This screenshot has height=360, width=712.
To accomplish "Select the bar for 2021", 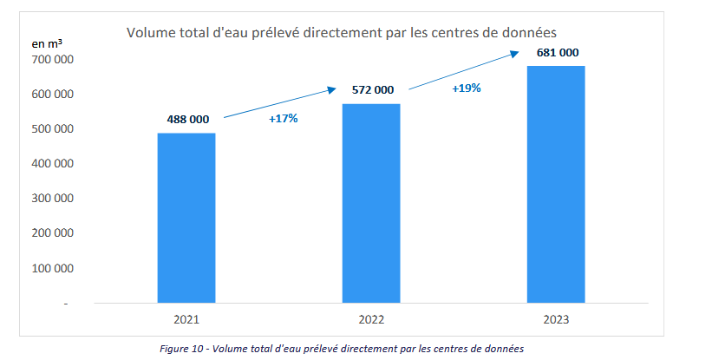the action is (x=186, y=218).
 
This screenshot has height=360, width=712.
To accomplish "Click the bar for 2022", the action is (x=371, y=203).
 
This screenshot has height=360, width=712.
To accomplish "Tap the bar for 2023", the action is (x=556, y=184).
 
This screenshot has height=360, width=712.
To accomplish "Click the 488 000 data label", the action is (x=188, y=120).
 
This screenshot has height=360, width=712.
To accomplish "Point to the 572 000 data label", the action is (x=373, y=90).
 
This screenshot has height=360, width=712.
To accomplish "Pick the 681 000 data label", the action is (x=558, y=53).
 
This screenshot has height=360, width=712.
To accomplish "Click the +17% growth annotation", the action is (x=284, y=119).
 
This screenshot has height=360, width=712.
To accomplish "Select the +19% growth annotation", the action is (x=467, y=88).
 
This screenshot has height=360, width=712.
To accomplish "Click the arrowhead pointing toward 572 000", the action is (x=332, y=89).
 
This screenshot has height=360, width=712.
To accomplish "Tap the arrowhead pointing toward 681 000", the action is (x=515, y=54).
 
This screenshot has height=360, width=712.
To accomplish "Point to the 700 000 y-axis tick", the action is (x=53, y=60).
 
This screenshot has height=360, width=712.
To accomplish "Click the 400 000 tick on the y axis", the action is (x=53, y=163).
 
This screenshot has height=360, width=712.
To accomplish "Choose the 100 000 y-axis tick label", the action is (x=53, y=268).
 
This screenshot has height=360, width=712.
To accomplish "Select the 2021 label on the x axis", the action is (x=186, y=319).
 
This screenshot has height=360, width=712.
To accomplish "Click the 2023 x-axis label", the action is (x=556, y=319).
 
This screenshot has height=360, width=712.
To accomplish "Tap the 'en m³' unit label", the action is (x=47, y=43).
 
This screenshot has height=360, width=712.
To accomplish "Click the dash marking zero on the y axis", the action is (x=66, y=304).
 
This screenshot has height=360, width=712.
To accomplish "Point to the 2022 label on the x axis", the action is (x=371, y=319).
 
